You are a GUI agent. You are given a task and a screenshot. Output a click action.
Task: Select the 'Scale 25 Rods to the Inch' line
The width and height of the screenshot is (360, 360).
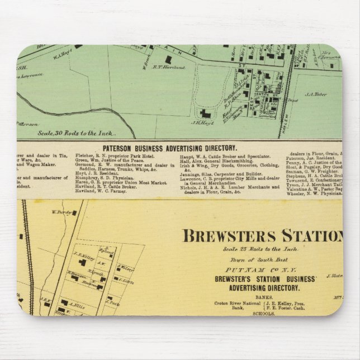click(249, 248)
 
